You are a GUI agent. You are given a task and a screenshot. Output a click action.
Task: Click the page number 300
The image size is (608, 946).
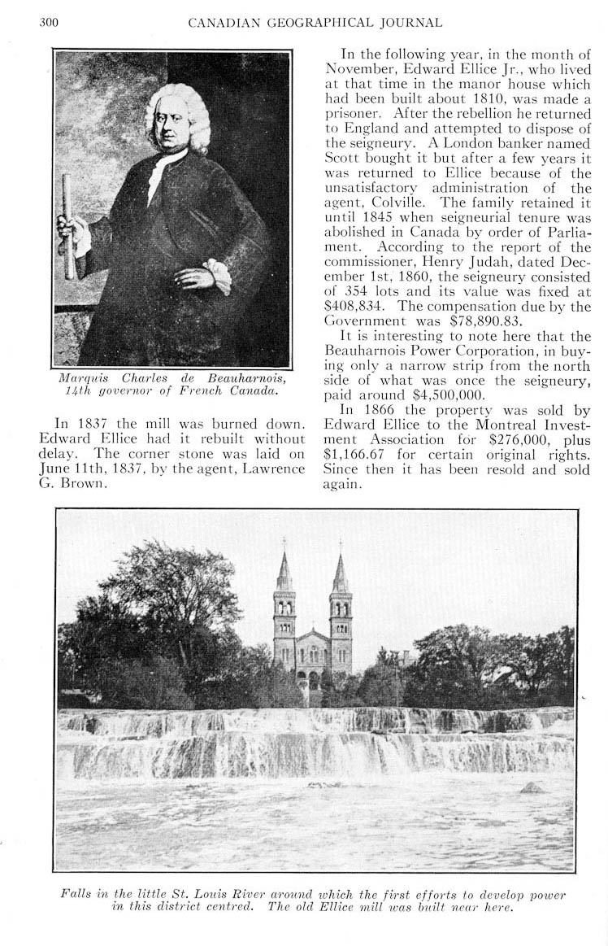tap(49, 22)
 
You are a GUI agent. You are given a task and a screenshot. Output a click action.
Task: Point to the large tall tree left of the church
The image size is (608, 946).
tap(163, 602)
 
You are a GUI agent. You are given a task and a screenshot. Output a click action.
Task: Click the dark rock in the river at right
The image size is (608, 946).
tap(532, 787)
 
